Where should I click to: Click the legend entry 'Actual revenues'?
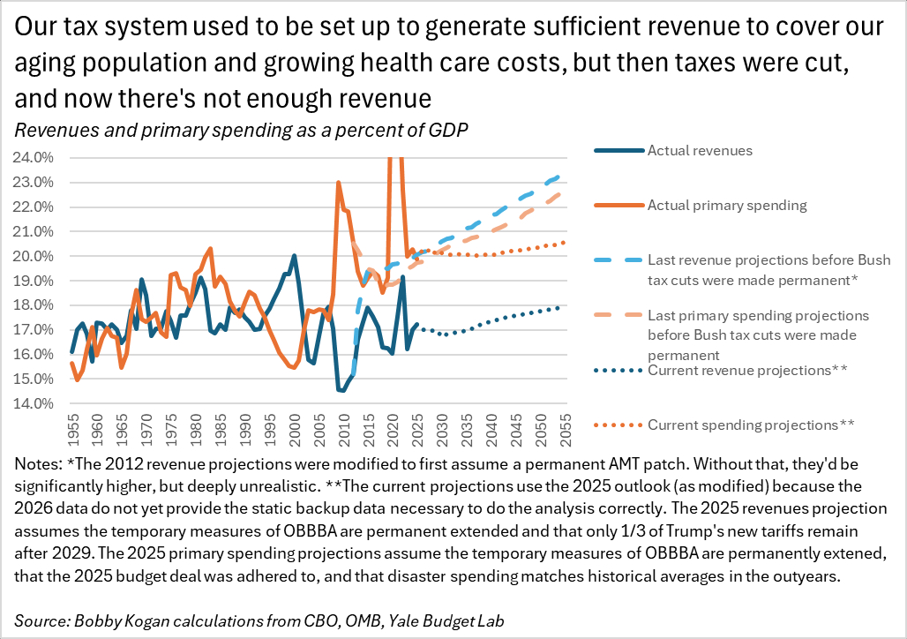click(700, 150)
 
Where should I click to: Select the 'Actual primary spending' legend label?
click(727, 206)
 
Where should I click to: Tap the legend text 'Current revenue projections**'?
click(747, 370)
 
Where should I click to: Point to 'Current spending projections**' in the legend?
click(751, 425)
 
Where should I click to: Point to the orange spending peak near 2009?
click(338, 183)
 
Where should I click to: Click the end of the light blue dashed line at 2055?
click(563, 176)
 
